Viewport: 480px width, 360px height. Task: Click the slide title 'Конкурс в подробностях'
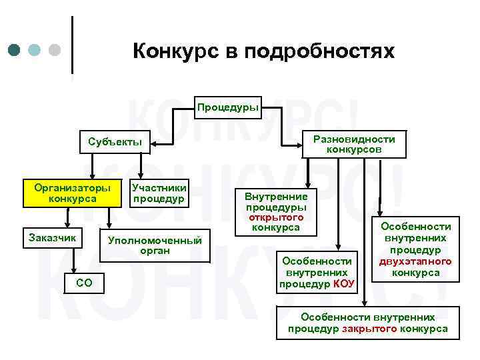(263, 51)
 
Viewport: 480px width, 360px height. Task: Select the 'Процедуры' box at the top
(227, 107)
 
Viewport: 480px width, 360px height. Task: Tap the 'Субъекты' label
(115, 141)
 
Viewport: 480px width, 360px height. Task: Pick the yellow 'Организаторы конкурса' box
(73, 193)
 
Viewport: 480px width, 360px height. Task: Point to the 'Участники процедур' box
(159, 193)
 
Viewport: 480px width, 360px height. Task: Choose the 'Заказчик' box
(52, 237)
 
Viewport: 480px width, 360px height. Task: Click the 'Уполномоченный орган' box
(155, 245)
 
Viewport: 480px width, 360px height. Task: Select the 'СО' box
(85, 283)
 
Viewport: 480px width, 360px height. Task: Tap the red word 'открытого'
(276, 218)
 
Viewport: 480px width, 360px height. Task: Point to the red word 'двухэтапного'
(416, 261)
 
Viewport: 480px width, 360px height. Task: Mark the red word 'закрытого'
(369, 329)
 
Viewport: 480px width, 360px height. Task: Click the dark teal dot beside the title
(15, 50)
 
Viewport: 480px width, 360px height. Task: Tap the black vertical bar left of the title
(71, 44)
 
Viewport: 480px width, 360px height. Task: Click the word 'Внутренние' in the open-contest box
(276, 197)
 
